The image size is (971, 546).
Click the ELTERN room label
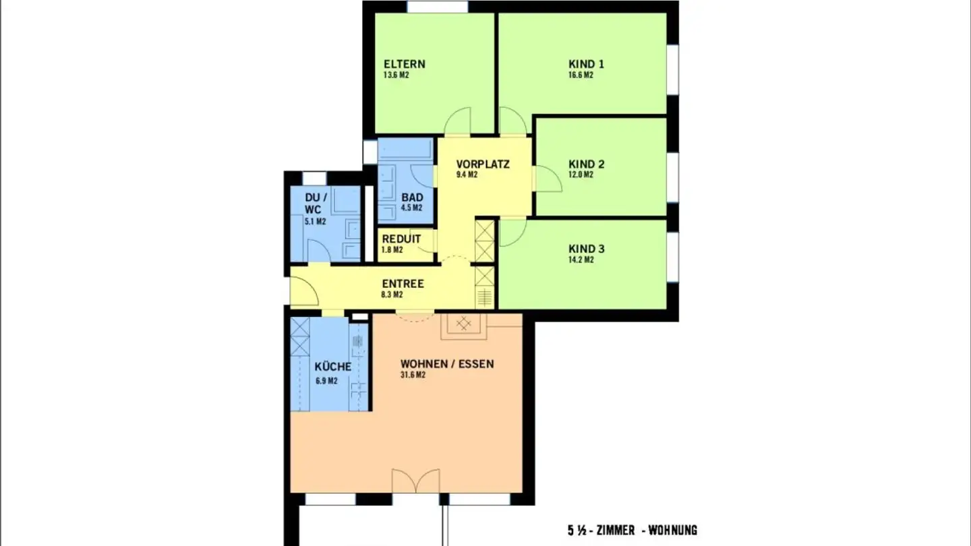[x=405, y=65]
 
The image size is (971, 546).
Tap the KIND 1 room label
[x=586, y=65]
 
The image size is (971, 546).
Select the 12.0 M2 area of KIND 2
[x=581, y=175]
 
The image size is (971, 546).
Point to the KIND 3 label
[x=586, y=249]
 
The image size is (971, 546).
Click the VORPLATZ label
[x=482, y=164]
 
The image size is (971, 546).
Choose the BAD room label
[x=412, y=198]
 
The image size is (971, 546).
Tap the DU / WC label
[x=316, y=203]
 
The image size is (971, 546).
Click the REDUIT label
[x=401, y=239]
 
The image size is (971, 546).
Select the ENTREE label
[x=403, y=284]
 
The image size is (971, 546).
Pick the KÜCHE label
[x=333, y=367]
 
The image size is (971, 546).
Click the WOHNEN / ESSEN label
[x=447, y=364]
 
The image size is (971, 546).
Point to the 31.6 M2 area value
[x=413, y=375]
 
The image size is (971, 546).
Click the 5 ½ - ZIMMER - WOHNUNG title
[x=632, y=530]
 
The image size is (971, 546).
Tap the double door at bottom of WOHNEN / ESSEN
[x=416, y=481]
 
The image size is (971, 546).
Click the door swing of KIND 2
[x=548, y=179]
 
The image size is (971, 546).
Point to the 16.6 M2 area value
[x=581, y=75]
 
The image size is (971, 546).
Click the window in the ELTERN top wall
[x=437, y=7]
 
